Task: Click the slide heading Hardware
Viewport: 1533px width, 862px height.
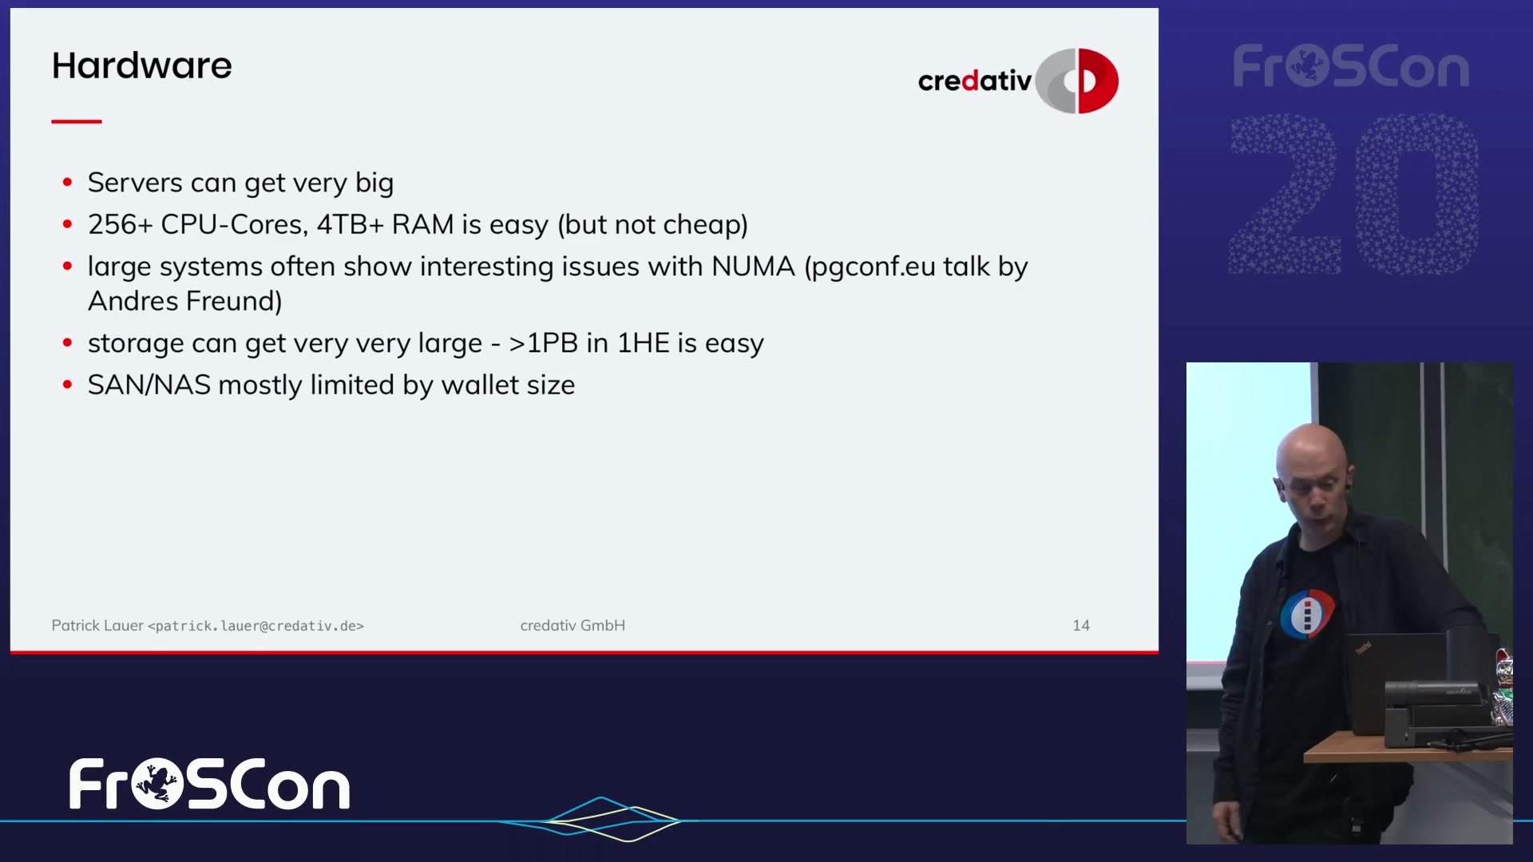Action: coord(141,65)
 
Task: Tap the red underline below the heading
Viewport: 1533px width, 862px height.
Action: coord(77,121)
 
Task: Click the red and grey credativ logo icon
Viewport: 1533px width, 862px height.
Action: coord(1077,81)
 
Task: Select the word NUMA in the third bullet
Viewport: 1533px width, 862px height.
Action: coord(753,267)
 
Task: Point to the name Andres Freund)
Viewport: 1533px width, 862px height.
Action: coord(184,301)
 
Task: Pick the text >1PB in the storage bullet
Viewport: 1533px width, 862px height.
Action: coord(543,343)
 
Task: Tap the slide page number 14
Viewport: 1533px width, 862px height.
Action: coord(1081,626)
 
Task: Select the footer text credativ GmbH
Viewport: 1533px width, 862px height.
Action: coord(572,626)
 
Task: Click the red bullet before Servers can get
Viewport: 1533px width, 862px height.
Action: coord(68,183)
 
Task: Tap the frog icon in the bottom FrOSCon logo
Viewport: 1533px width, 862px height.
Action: coord(157,784)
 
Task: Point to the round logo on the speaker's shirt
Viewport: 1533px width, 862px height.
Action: coord(1307,614)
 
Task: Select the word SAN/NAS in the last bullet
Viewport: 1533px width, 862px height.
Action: coord(149,385)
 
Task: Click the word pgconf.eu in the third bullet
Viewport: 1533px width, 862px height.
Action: coord(869,267)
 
